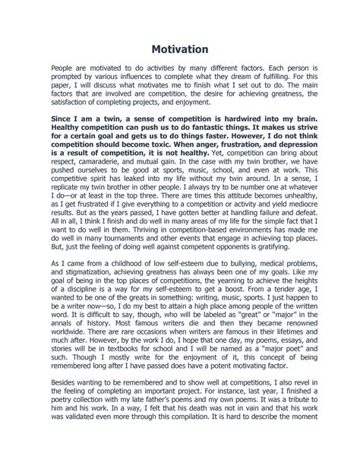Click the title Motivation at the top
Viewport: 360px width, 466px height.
[x=180, y=49]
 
